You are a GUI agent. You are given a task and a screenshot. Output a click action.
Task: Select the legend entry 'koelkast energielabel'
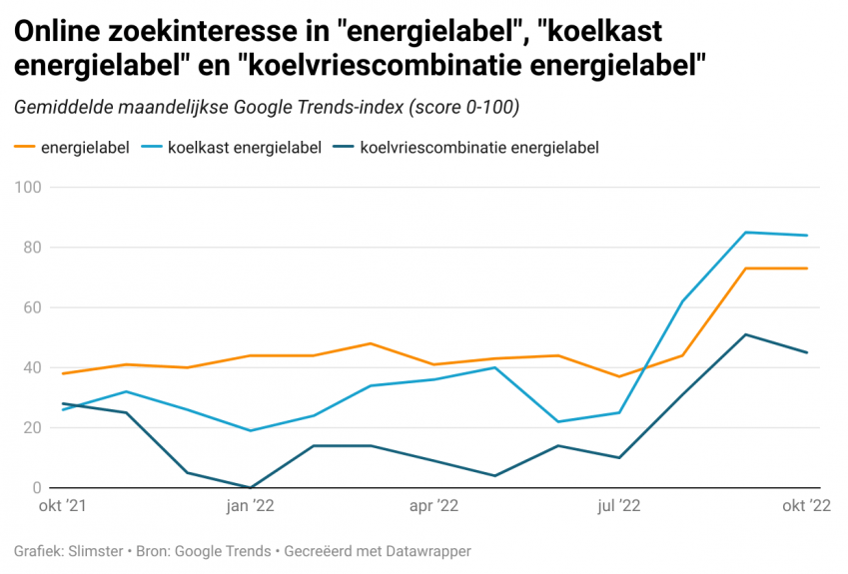[245, 148]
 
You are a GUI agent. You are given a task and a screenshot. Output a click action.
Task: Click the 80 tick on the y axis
[31, 248]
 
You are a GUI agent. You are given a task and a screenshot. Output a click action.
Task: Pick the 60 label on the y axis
[31, 307]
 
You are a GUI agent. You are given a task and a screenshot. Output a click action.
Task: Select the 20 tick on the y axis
[31, 428]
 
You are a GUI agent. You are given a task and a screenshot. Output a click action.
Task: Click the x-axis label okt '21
[62, 506]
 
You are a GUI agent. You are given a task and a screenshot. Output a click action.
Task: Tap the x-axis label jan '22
[250, 506]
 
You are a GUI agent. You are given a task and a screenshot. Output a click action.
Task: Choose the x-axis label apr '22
[434, 506]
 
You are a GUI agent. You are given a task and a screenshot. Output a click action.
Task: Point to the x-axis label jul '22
[620, 506]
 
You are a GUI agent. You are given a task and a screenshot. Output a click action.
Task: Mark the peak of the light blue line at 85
[745, 233]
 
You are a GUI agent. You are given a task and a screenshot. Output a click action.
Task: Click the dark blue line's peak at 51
[745, 334]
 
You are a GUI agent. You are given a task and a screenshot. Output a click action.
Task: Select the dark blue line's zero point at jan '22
[250, 487]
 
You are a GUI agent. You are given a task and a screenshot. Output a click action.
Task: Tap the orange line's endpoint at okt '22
[807, 269]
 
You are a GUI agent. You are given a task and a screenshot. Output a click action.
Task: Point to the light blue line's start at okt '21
[63, 409]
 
